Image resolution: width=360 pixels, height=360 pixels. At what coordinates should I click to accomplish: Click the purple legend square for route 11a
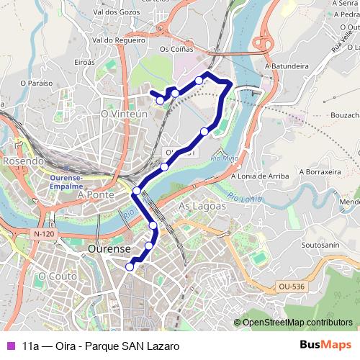(x=9, y=346)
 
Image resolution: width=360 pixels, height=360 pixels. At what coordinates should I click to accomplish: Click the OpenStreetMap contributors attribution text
(x=297, y=323)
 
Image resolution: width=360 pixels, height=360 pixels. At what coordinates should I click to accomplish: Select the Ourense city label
(x=109, y=248)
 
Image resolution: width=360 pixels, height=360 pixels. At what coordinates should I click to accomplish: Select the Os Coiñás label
(x=176, y=50)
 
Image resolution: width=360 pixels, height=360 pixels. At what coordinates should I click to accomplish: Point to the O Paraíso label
(x=37, y=84)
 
